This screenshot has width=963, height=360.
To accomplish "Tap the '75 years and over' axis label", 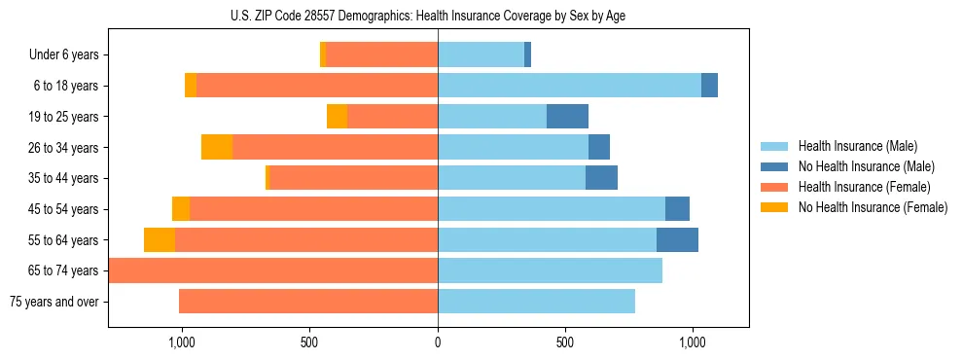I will coord(54,302).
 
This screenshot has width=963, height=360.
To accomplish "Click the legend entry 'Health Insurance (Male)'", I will coord(857,146).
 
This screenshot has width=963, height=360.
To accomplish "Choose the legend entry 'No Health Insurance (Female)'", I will coord(873,207).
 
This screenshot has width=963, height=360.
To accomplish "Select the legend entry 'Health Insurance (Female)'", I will coord(864,187).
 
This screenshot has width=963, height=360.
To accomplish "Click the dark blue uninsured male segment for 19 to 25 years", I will coord(567,117).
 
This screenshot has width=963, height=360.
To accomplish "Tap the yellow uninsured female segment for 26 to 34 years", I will coord(217,148).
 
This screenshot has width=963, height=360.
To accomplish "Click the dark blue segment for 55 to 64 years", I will coord(677,240).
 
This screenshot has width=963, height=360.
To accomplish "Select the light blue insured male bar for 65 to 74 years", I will coord(550,270).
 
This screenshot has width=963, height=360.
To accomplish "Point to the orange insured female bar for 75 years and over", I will coord(308,302).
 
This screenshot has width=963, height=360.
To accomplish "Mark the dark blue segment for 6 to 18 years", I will coord(709,86).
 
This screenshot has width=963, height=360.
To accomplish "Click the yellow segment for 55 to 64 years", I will coord(160,240).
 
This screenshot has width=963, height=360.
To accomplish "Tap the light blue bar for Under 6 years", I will coord(481,55).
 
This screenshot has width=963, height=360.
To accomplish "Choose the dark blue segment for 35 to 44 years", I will coord(601,178).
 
